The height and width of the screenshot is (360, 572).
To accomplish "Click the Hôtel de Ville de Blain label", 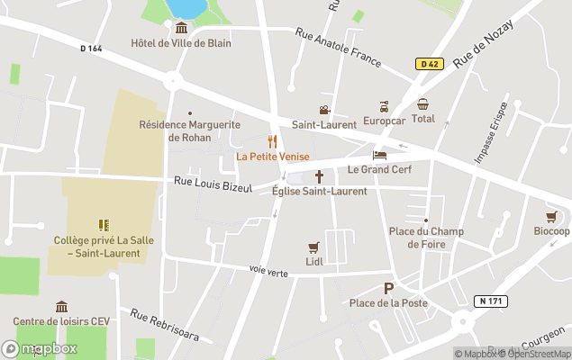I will [x=180, y=42].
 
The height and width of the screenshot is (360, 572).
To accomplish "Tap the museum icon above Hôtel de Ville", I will [x=180, y=28].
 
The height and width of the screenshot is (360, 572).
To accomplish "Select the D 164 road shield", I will [x=91, y=49].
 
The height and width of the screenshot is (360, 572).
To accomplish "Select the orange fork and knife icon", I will [x=272, y=141].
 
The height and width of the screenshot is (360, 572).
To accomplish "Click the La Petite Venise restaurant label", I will [x=272, y=157].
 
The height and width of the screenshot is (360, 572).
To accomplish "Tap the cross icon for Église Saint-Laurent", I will [x=319, y=176].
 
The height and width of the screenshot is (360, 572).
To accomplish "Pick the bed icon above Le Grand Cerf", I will [x=379, y=155].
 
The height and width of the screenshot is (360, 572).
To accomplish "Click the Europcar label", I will [x=385, y=119].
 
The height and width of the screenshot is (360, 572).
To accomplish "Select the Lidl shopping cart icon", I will [x=313, y=247].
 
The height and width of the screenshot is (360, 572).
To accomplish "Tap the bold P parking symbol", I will [x=389, y=289].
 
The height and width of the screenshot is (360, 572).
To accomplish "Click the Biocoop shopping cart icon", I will [x=551, y=217].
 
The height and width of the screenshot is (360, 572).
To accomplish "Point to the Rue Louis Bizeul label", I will [x=212, y=185].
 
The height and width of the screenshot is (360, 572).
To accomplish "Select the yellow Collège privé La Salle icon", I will [x=103, y=225].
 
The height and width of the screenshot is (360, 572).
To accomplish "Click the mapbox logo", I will [x=40, y=348].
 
